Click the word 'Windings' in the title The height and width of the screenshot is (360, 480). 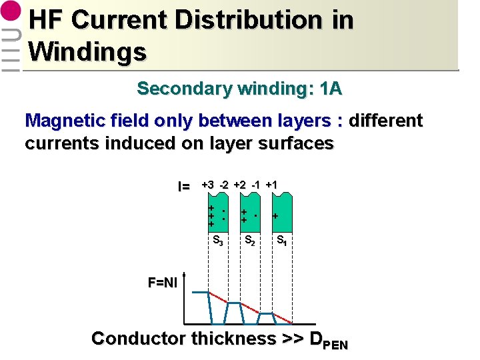pyautogui.click(x=87, y=51)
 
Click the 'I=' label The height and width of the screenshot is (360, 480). pyautogui.click(x=184, y=186)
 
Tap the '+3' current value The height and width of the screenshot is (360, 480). pyautogui.click(x=208, y=185)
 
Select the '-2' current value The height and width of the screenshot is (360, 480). pyautogui.click(x=225, y=185)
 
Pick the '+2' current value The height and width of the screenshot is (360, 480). pyautogui.click(x=240, y=185)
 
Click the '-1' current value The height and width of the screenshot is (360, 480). pyautogui.click(x=256, y=185)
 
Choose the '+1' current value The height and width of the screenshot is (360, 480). pyautogui.click(x=271, y=185)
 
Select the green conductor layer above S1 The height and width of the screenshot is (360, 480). pyautogui.click(x=281, y=213)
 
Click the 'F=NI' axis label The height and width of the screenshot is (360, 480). pyautogui.click(x=163, y=283)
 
